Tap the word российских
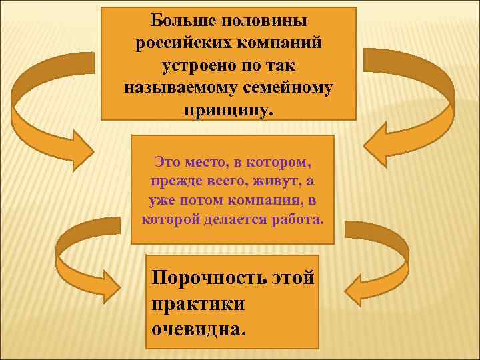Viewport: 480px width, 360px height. pos(177,43)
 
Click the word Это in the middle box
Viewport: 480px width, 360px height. pos(167,161)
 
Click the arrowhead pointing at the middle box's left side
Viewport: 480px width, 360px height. pos(81,151)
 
